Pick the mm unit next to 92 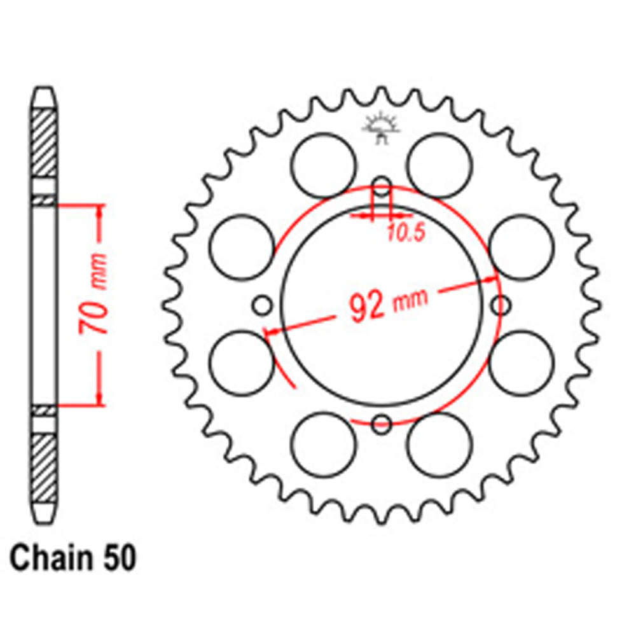tap(411, 298)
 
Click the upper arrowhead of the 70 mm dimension tap(99, 212)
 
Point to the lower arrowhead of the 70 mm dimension tap(99, 397)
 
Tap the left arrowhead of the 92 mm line tap(270, 332)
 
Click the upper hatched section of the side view tap(44, 144)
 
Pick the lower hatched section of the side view tap(44, 467)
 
